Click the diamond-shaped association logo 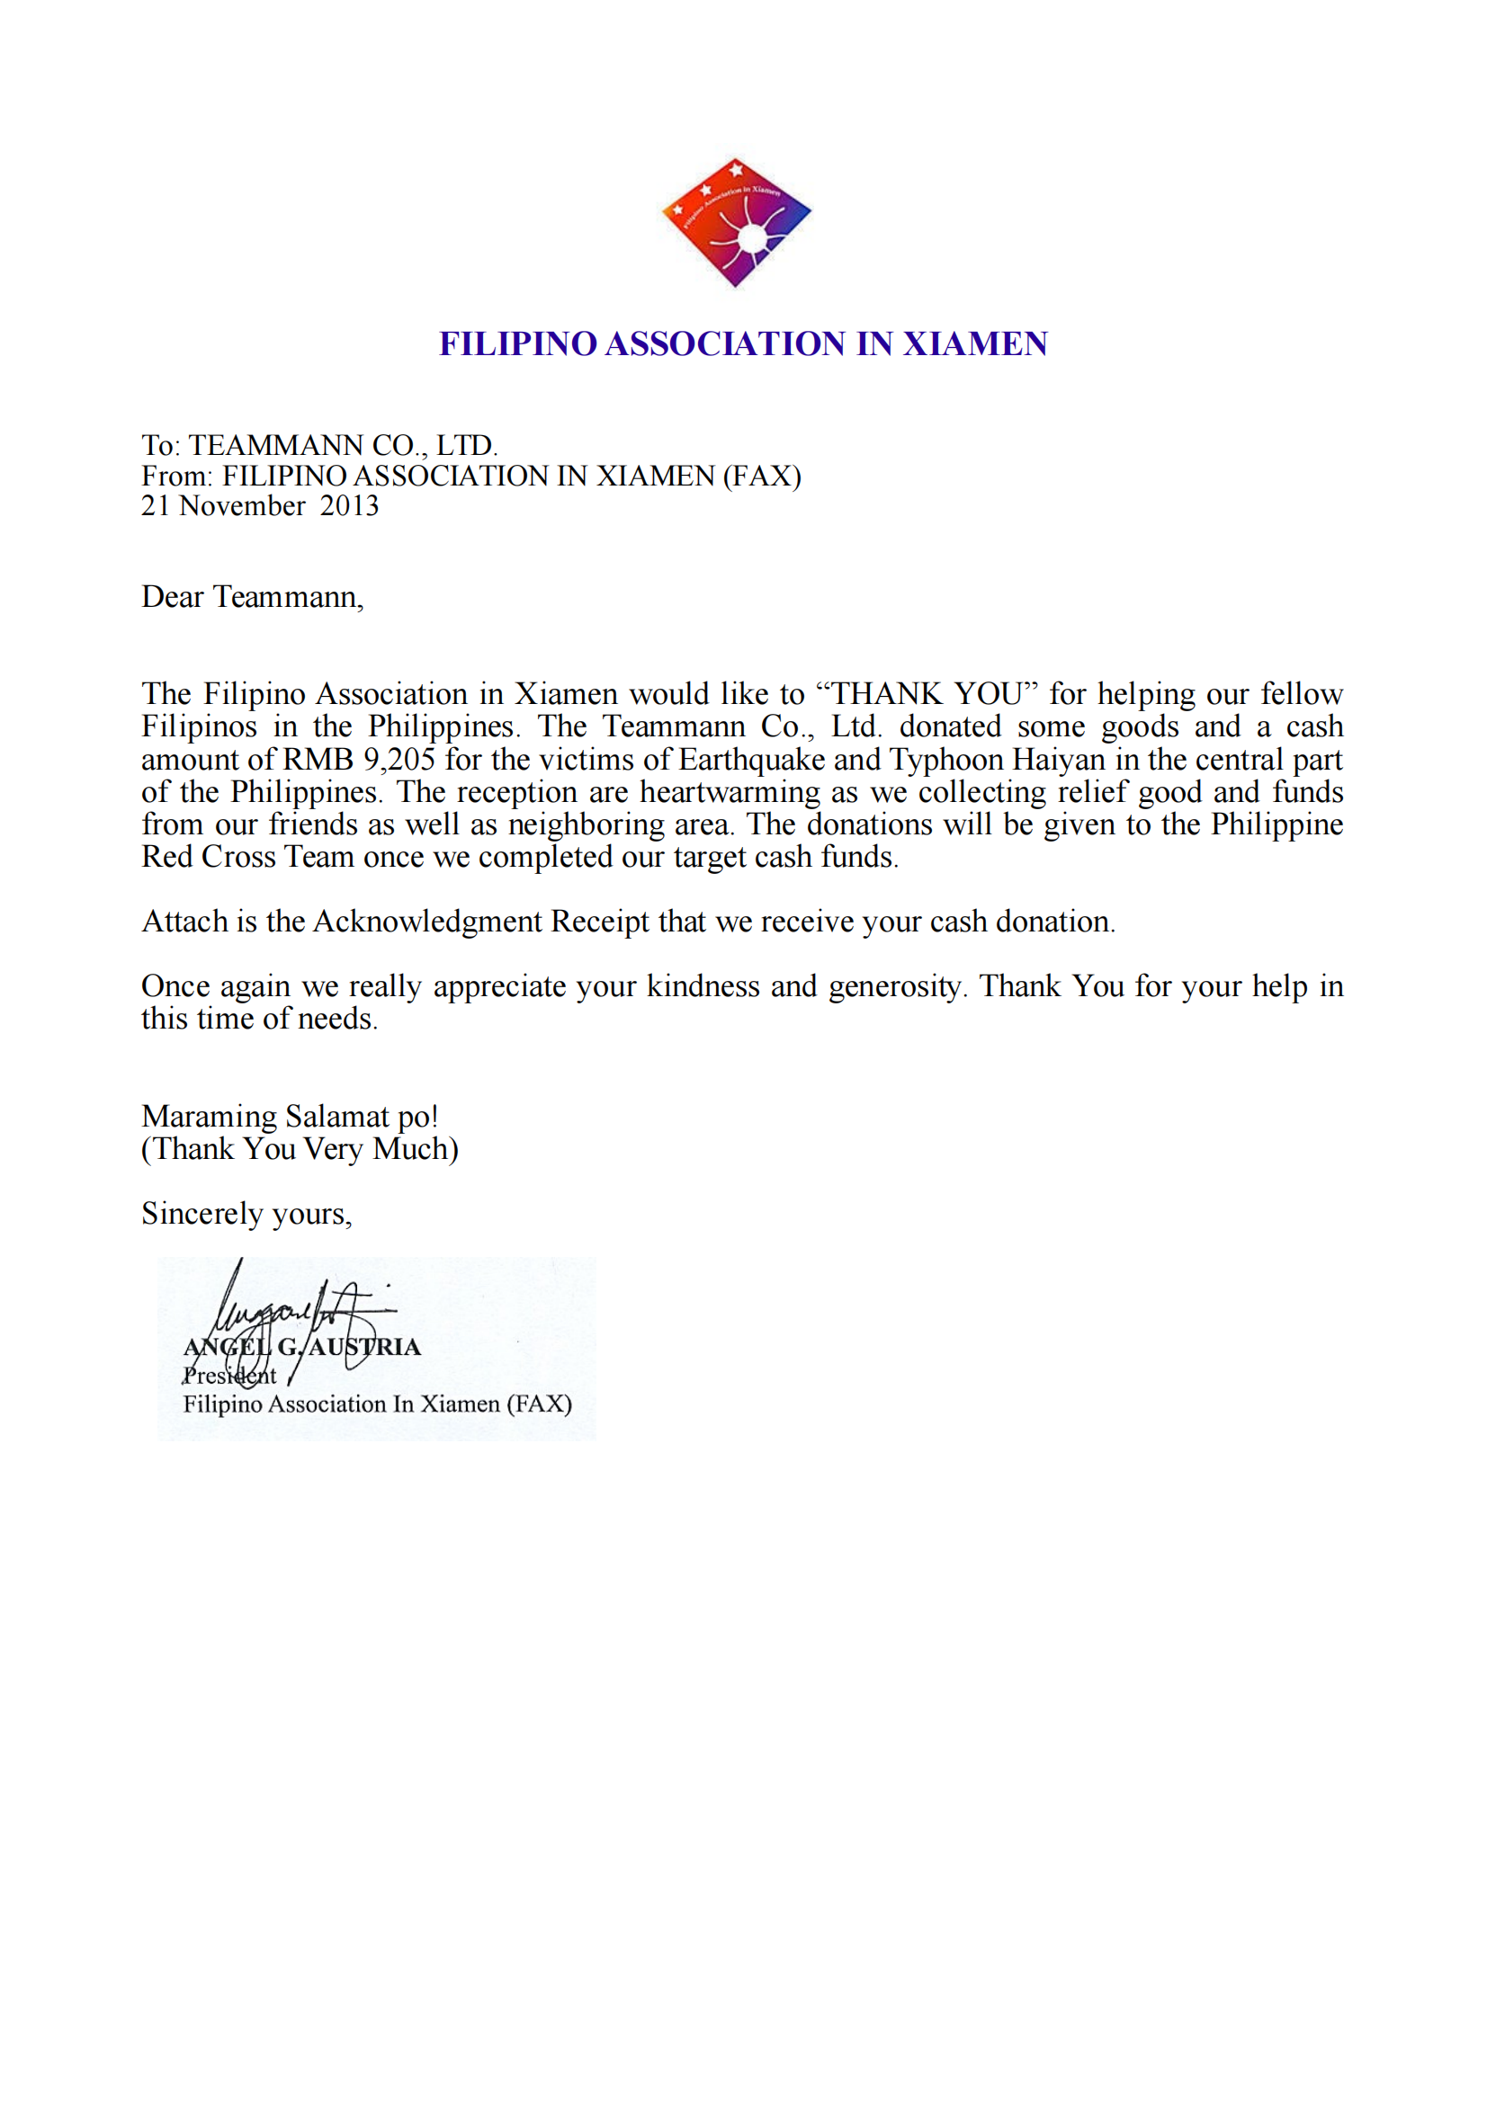click(736, 222)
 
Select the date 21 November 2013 click(259, 506)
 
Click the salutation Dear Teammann click(252, 597)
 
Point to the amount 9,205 click(399, 761)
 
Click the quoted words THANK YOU click(927, 694)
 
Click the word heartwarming click(730, 792)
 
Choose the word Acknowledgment click(428, 922)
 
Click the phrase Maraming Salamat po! click(290, 1117)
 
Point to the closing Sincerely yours click(246, 1214)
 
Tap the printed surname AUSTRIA click(364, 1348)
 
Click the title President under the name click(229, 1376)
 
